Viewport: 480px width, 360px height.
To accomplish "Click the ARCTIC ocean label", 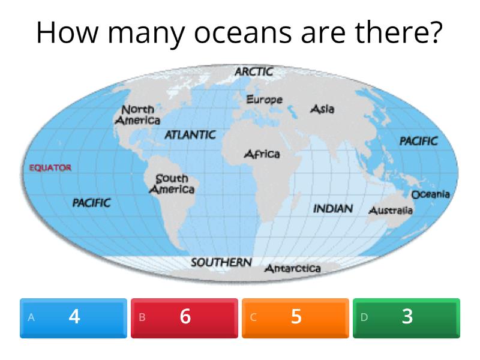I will (254, 72).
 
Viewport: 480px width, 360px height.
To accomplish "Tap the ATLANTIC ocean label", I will (190, 135).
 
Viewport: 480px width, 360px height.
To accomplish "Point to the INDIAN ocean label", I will (333, 209).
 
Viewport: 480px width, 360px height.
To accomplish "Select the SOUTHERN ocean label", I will (221, 263).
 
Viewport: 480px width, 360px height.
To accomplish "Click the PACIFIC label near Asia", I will (418, 141).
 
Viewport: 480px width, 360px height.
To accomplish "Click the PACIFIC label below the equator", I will (91, 203).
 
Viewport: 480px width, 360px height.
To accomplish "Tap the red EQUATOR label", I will (50, 168).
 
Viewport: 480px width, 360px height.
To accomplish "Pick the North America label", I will (138, 115).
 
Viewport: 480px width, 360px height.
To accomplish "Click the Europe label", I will (265, 100).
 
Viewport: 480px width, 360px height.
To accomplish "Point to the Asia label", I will (322, 109).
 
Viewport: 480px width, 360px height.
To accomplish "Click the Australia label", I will (390, 211).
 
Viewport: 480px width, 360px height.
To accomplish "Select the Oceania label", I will (430, 194).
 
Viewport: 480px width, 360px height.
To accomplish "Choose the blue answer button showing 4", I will (74, 317).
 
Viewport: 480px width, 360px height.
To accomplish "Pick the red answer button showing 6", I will (185, 317).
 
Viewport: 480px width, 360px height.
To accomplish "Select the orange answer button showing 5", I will (296, 317).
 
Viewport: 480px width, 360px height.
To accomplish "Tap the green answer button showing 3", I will (407, 317).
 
